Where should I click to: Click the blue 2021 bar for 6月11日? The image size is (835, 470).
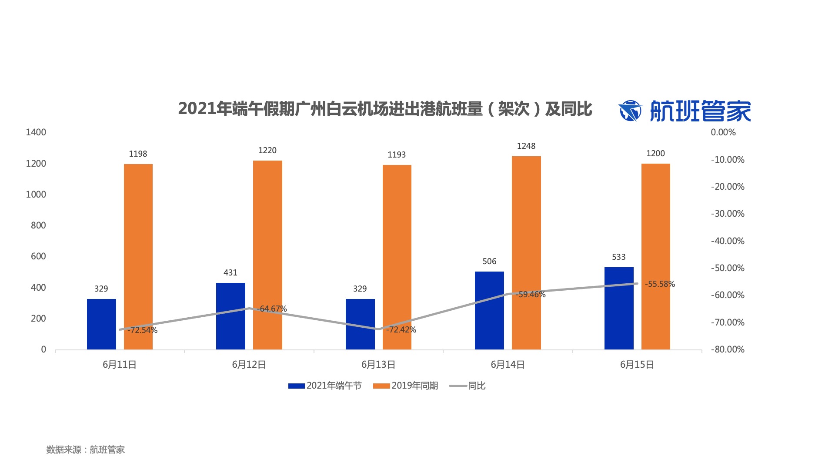coord(101,324)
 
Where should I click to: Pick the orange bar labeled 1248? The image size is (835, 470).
coord(526,252)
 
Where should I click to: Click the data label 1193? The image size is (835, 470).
coord(397,155)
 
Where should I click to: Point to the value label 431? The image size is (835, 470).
coord(230,273)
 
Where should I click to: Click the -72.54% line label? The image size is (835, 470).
coord(143,330)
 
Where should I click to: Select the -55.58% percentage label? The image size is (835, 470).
coord(660,284)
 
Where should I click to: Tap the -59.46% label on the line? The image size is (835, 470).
coord(531,295)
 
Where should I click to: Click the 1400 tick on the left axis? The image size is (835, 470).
coord(36,132)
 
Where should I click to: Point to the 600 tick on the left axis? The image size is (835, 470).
coord(38,256)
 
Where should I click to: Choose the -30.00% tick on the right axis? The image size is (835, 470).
coord(728,214)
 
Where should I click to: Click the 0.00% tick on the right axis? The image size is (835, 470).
coord(723,132)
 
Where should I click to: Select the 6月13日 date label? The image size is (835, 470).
coord(378,365)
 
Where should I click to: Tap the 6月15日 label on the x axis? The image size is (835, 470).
coord(637,365)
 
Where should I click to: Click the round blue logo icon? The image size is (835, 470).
coord(630,111)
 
